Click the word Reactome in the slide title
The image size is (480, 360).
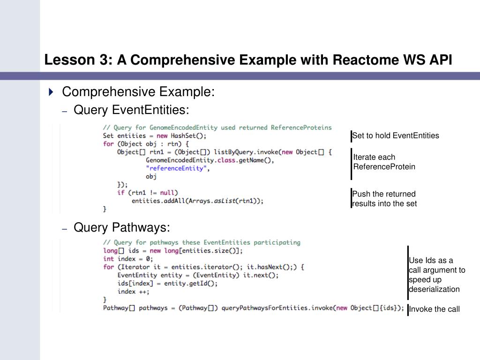point(364,60)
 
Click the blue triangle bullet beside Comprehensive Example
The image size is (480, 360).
point(51,91)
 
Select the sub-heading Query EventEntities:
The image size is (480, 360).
point(131,110)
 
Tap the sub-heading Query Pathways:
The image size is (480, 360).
point(122,228)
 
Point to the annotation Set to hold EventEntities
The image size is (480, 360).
point(396,136)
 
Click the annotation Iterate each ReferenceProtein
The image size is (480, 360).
point(384,162)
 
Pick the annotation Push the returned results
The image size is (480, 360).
point(384,199)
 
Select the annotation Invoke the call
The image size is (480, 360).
point(434,309)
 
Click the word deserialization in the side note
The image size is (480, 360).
point(434,289)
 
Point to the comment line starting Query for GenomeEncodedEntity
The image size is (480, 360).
point(217,127)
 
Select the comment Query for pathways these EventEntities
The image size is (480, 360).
point(202,242)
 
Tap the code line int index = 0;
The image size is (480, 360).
point(128,259)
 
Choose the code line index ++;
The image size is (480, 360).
point(134,292)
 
